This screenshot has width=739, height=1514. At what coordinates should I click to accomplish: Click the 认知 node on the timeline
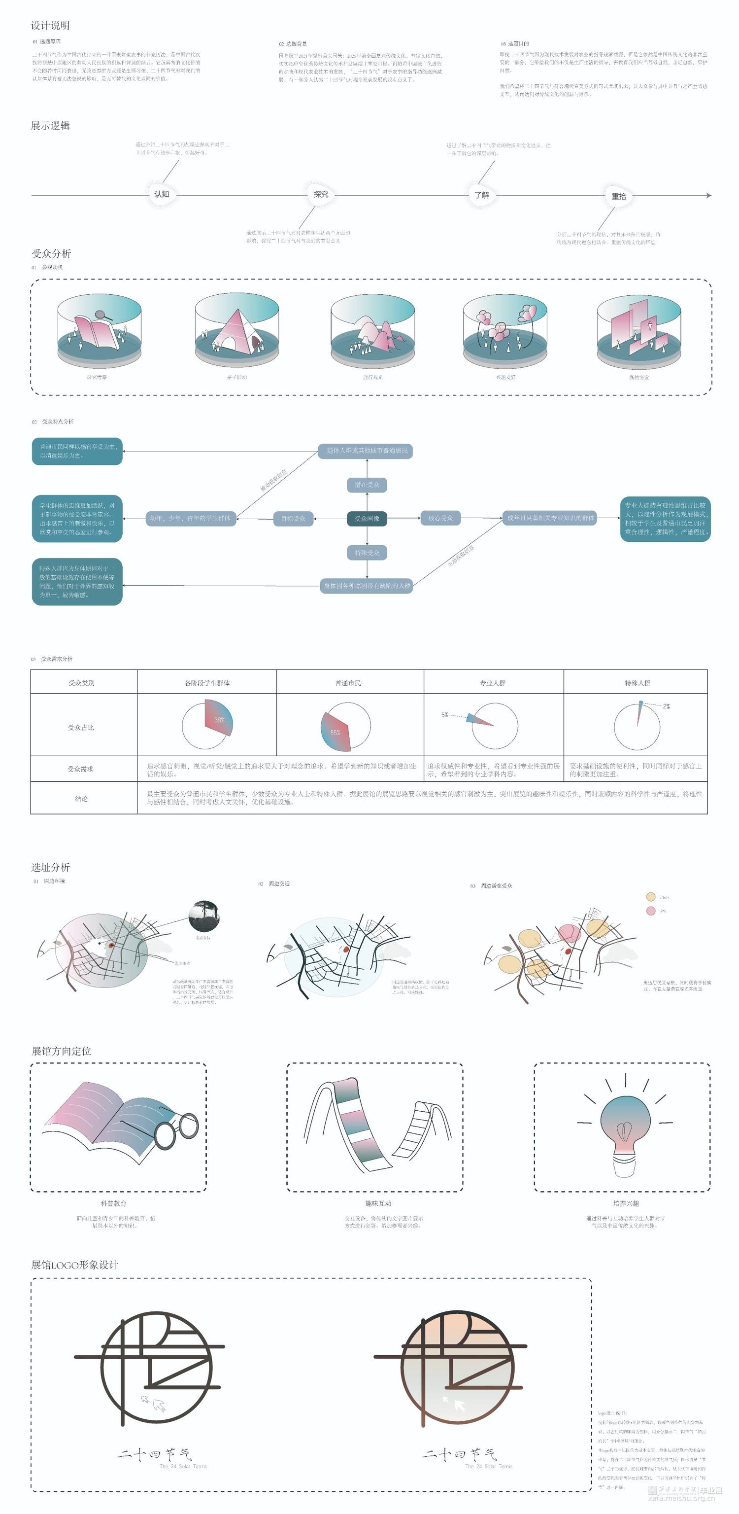pyautogui.click(x=162, y=194)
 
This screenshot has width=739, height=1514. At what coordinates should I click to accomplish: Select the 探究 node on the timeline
pyautogui.click(x=321, y=194)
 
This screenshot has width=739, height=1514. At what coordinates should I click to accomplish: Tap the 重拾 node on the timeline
pyautogui.click(x=619, y=196)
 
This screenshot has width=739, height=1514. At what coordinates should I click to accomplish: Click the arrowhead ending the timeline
pyautogui.click(x=708, y=195)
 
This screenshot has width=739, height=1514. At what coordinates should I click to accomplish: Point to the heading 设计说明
pyautogui.click(x=51, y=25)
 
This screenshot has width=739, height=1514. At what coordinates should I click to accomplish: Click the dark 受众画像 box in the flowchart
pyautogui.click(x=367, y=518)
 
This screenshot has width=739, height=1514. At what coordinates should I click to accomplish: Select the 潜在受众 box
pyautogui.click(x=367, y=485)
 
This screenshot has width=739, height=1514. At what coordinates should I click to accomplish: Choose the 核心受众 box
pyautogui.click(x=440, y=518)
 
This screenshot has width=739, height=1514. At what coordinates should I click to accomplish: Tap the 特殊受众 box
pyautogui.click(x=367, y=553)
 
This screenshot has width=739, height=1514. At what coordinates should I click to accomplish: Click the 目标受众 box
pyautogui.click(x=293, y=518)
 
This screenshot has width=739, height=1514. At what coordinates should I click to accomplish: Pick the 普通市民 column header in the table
pyautogui.click(x=348, y=683)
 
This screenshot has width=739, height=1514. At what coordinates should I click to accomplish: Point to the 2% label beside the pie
pyautogui.click(x=666, y=706)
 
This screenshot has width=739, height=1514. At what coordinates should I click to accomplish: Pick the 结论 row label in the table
pyautogui.click(x=81, y=799)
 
